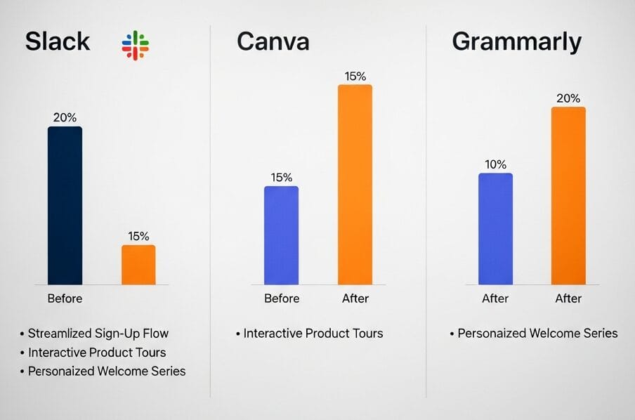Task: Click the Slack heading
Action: point(58,41)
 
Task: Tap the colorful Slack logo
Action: point(135,45)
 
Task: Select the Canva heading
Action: point(273,41)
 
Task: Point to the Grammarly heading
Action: point(516,41)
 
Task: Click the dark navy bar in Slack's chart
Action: point(65,205)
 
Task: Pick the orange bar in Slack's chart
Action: point(138,265)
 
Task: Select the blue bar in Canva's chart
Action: point(281,235)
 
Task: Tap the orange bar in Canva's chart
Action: point(355,185)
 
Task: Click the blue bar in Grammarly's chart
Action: point(495,229)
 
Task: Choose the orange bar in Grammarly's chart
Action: point(568,196)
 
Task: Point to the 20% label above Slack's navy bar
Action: point(65,117)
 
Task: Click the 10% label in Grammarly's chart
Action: point(495,164)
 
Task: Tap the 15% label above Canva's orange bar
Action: point(355,76)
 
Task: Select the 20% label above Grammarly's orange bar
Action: point(568,98)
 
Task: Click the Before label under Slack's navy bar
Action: point(65,298)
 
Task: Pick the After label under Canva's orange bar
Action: point(355,298)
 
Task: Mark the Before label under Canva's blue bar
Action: point(282,298)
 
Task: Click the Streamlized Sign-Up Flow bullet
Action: point(98,334)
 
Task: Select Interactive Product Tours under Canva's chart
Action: point(313,334)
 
